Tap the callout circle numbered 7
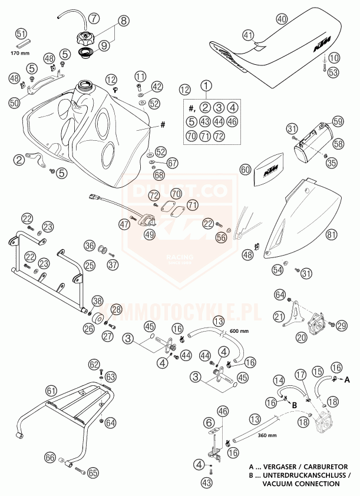pyautogui.click(x=95, y=18)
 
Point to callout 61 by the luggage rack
pyautogui.click(x=52, y=390)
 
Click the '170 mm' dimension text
pyautogui.click(x=21, y=54)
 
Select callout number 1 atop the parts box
pyautogui.click(x=206, y=85)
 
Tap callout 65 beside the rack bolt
pyautogui.click(x=93, y=472)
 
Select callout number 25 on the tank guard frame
pyautogui.click(x=89, y=266)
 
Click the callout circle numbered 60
pyautogui.click(x=245, y=170)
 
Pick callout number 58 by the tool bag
pyautogui.click(x=338, y=143)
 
